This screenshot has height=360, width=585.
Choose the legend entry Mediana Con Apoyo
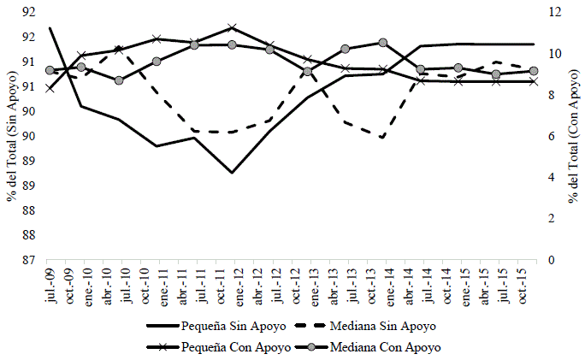[x=390, y=347]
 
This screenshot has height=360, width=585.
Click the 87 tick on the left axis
[x=28, y=260]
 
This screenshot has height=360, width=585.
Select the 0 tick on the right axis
[x=551, y=260]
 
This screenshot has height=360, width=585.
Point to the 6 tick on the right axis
[x=551, y=136]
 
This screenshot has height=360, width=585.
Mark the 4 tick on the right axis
[x=551, y=177]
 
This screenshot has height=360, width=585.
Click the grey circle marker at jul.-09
[x=50, y=70]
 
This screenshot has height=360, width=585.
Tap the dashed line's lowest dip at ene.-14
[x=382, y=138]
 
